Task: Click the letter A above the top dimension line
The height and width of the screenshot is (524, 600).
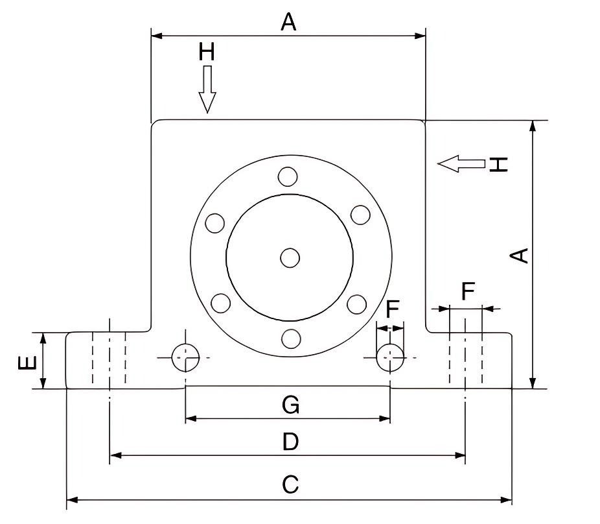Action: pos(288,23)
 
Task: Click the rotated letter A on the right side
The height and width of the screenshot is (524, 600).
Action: pos(520,255)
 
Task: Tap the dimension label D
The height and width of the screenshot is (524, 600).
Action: pos(290,442)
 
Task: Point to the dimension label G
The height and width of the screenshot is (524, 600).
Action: pos(290,406)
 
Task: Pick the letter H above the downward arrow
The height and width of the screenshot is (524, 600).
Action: pos(207,53)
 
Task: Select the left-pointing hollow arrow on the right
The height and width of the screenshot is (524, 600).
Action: pos(461,163)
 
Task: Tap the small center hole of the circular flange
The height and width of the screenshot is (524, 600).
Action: pos(290,258)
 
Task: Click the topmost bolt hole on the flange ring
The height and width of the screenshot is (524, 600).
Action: pos(288,176)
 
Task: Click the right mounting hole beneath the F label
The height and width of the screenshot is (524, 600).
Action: pos(390,357)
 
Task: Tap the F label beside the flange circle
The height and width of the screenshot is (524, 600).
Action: pos(392,309)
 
